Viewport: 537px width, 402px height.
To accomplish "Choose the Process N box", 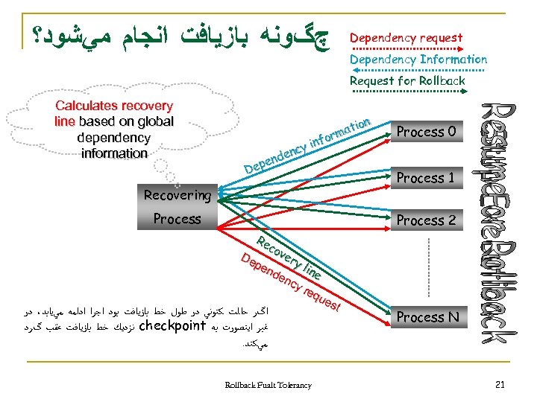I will tap(427, 317).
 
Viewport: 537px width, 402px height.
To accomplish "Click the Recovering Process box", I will tap(177, 207).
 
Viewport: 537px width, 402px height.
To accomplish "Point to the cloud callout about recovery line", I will tap(113, 130).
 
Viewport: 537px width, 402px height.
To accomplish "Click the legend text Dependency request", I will tap(406, 37).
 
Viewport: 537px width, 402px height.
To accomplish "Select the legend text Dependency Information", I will tap(418, 59).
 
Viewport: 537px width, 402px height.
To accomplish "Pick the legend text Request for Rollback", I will tap(407, 80).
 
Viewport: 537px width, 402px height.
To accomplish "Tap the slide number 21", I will tap(500, 384).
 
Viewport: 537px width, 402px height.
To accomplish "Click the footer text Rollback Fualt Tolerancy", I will tap(268, 385).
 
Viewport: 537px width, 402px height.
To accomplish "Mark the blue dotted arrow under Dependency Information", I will tap(418, 70).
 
